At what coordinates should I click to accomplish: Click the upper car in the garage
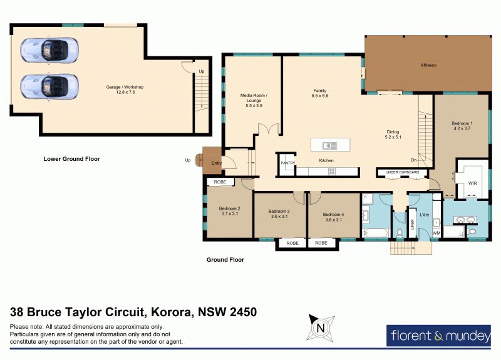tap(49, 50)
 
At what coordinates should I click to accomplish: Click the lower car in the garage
tap(49, 86)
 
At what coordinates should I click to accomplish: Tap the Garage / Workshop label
tap(125, 90)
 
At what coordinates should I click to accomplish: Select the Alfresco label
tap(428, 65)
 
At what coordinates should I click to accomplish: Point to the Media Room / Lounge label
tap(254, 100)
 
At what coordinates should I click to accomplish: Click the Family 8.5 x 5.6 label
tap(320, 93)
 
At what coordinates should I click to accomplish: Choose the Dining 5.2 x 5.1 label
tap(393, 135)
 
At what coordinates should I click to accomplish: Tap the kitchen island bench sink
tap(329, 146)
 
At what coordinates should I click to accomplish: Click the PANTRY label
tap(287, 163)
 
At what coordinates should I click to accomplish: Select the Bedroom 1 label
tap(462, 126)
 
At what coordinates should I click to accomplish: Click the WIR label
tap(473, 183)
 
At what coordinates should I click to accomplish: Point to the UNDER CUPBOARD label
tap(402, 172)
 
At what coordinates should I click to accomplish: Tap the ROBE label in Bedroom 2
tap(220, 182)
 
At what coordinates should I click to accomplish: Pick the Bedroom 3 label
tap(279, 213)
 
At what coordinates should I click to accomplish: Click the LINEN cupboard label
tap(412, 224)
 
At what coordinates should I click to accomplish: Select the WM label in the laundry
tap(436, 233)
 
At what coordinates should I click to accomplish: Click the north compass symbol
tap(321, 328)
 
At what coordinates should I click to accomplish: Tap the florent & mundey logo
tap(439, 336)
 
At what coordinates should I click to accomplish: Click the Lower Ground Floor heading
tap(71, 159)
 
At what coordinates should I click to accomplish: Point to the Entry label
tap(216, 163)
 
